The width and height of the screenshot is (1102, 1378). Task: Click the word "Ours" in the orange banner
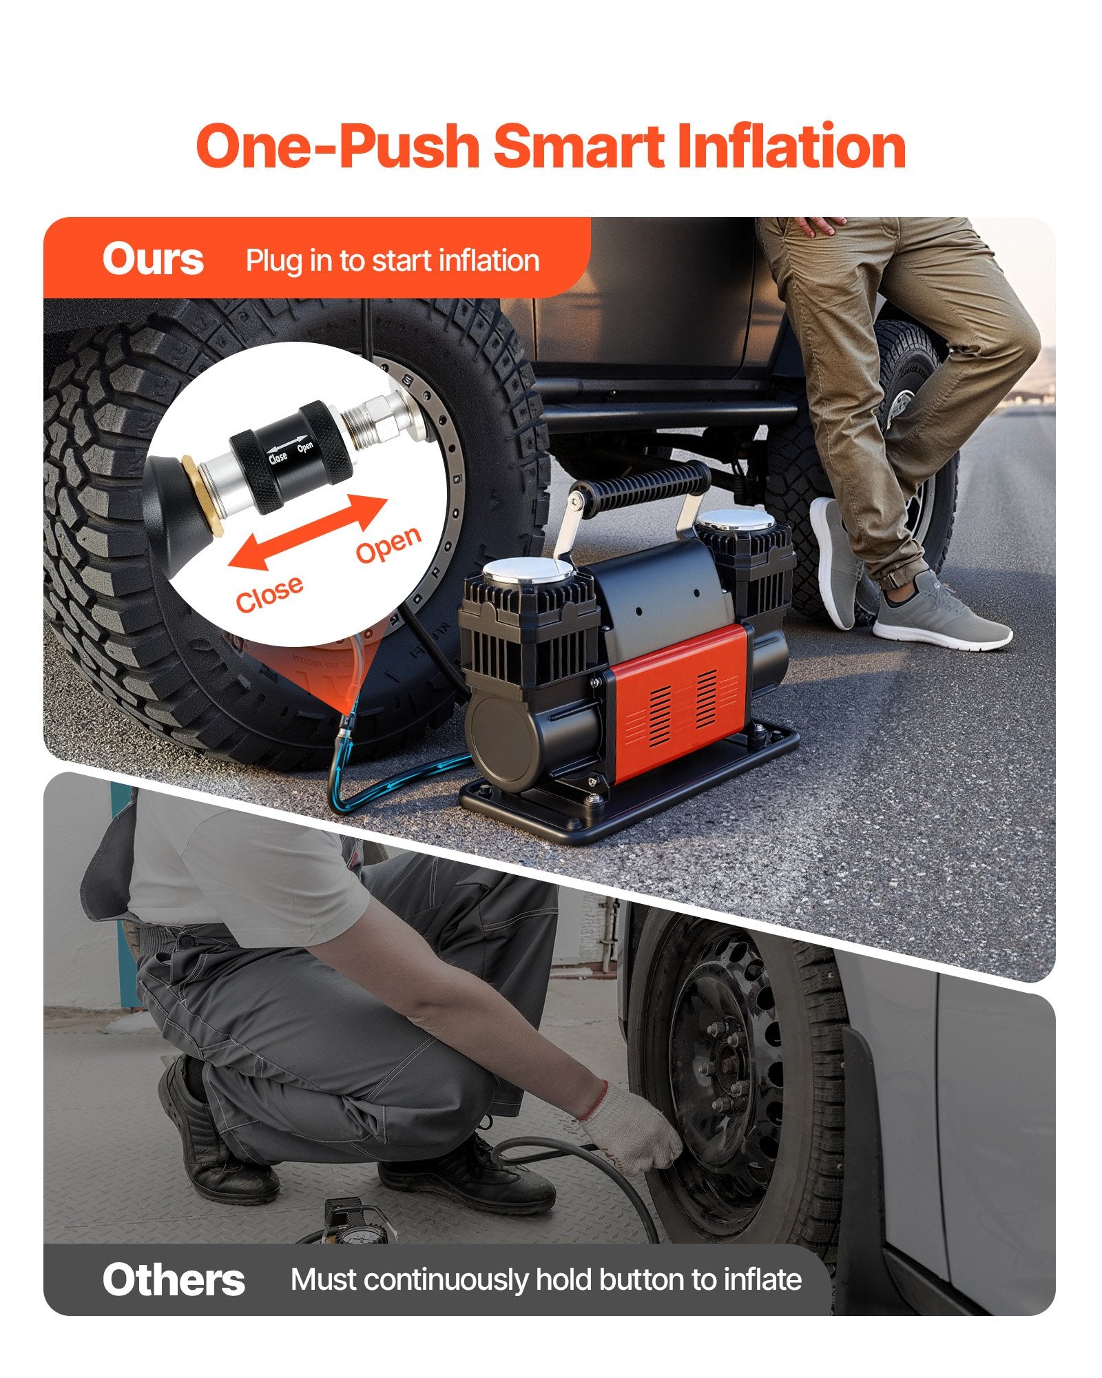(153, 259)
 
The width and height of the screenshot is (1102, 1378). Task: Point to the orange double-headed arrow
(308, 532)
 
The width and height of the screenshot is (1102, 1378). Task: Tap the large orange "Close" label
(269, 593)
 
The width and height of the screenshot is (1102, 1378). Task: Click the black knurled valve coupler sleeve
(291, 457)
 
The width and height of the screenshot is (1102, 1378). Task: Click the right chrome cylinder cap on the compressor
(737, 520)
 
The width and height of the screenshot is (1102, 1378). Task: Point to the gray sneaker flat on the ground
(942, 613)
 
